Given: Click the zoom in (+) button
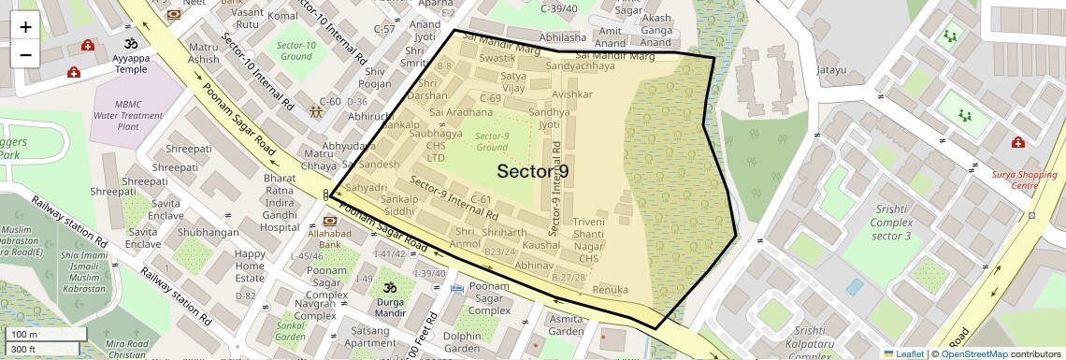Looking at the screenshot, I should (25, 27).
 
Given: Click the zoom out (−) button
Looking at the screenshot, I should (25, 54).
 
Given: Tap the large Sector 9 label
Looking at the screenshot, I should (533, 171).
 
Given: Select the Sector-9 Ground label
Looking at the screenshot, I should (492, 141).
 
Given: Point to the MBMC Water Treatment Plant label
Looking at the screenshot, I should (141, 115).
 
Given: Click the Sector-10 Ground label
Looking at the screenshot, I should (295, 50).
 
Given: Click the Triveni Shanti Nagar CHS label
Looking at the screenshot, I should (588, 239).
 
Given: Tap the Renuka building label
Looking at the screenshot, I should (610, 291).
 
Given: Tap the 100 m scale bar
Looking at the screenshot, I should (47, 335).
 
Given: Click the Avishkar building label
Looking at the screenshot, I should (572, 94).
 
